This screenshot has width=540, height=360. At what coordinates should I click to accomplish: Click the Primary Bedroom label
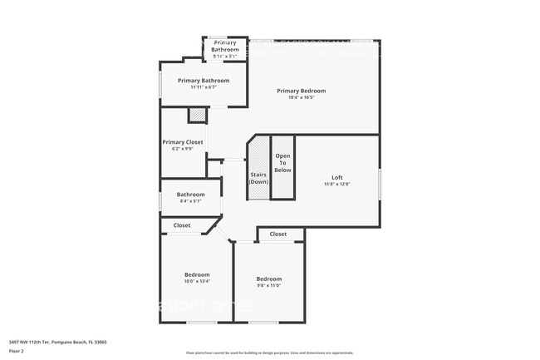(x=301, y=91)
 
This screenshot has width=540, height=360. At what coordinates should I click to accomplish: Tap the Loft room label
(x=336, y=177)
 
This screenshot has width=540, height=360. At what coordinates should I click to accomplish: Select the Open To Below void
(x=283, y=163)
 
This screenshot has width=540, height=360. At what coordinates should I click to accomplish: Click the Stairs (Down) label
(x=258, y=178)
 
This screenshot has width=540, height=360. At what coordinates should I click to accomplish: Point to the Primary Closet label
(x=183, y=142)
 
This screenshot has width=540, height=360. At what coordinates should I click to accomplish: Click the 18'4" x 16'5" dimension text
(x=301, y=97)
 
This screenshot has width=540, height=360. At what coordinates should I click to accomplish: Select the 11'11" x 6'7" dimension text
(x=203, y=87)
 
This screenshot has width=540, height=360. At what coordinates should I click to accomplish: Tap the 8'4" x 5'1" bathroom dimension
(x=190, y=201)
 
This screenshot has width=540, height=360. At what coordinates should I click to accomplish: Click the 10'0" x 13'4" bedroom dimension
(x=197, y=281)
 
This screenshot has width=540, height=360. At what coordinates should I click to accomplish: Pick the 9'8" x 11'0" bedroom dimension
(x=269, y=285)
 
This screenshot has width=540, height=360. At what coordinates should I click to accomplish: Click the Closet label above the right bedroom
(x=278, y=234)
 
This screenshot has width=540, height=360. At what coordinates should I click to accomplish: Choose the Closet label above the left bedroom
(x=181, y=225)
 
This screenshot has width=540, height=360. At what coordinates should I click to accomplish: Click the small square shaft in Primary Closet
(x=197, y=116)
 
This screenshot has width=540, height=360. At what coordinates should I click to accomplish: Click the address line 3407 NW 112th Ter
(x=57, y=342)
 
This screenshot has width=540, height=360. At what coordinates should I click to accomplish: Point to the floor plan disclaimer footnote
(x=269, y=353)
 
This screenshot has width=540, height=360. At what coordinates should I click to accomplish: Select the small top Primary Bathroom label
(x=225, y=46)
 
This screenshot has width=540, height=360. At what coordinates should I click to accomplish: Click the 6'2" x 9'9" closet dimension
(x=183, y=149)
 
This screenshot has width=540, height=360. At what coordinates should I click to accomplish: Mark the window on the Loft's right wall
(x=380, y=184)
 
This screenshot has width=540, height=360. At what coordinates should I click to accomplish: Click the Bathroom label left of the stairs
(x=190, y=195)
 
